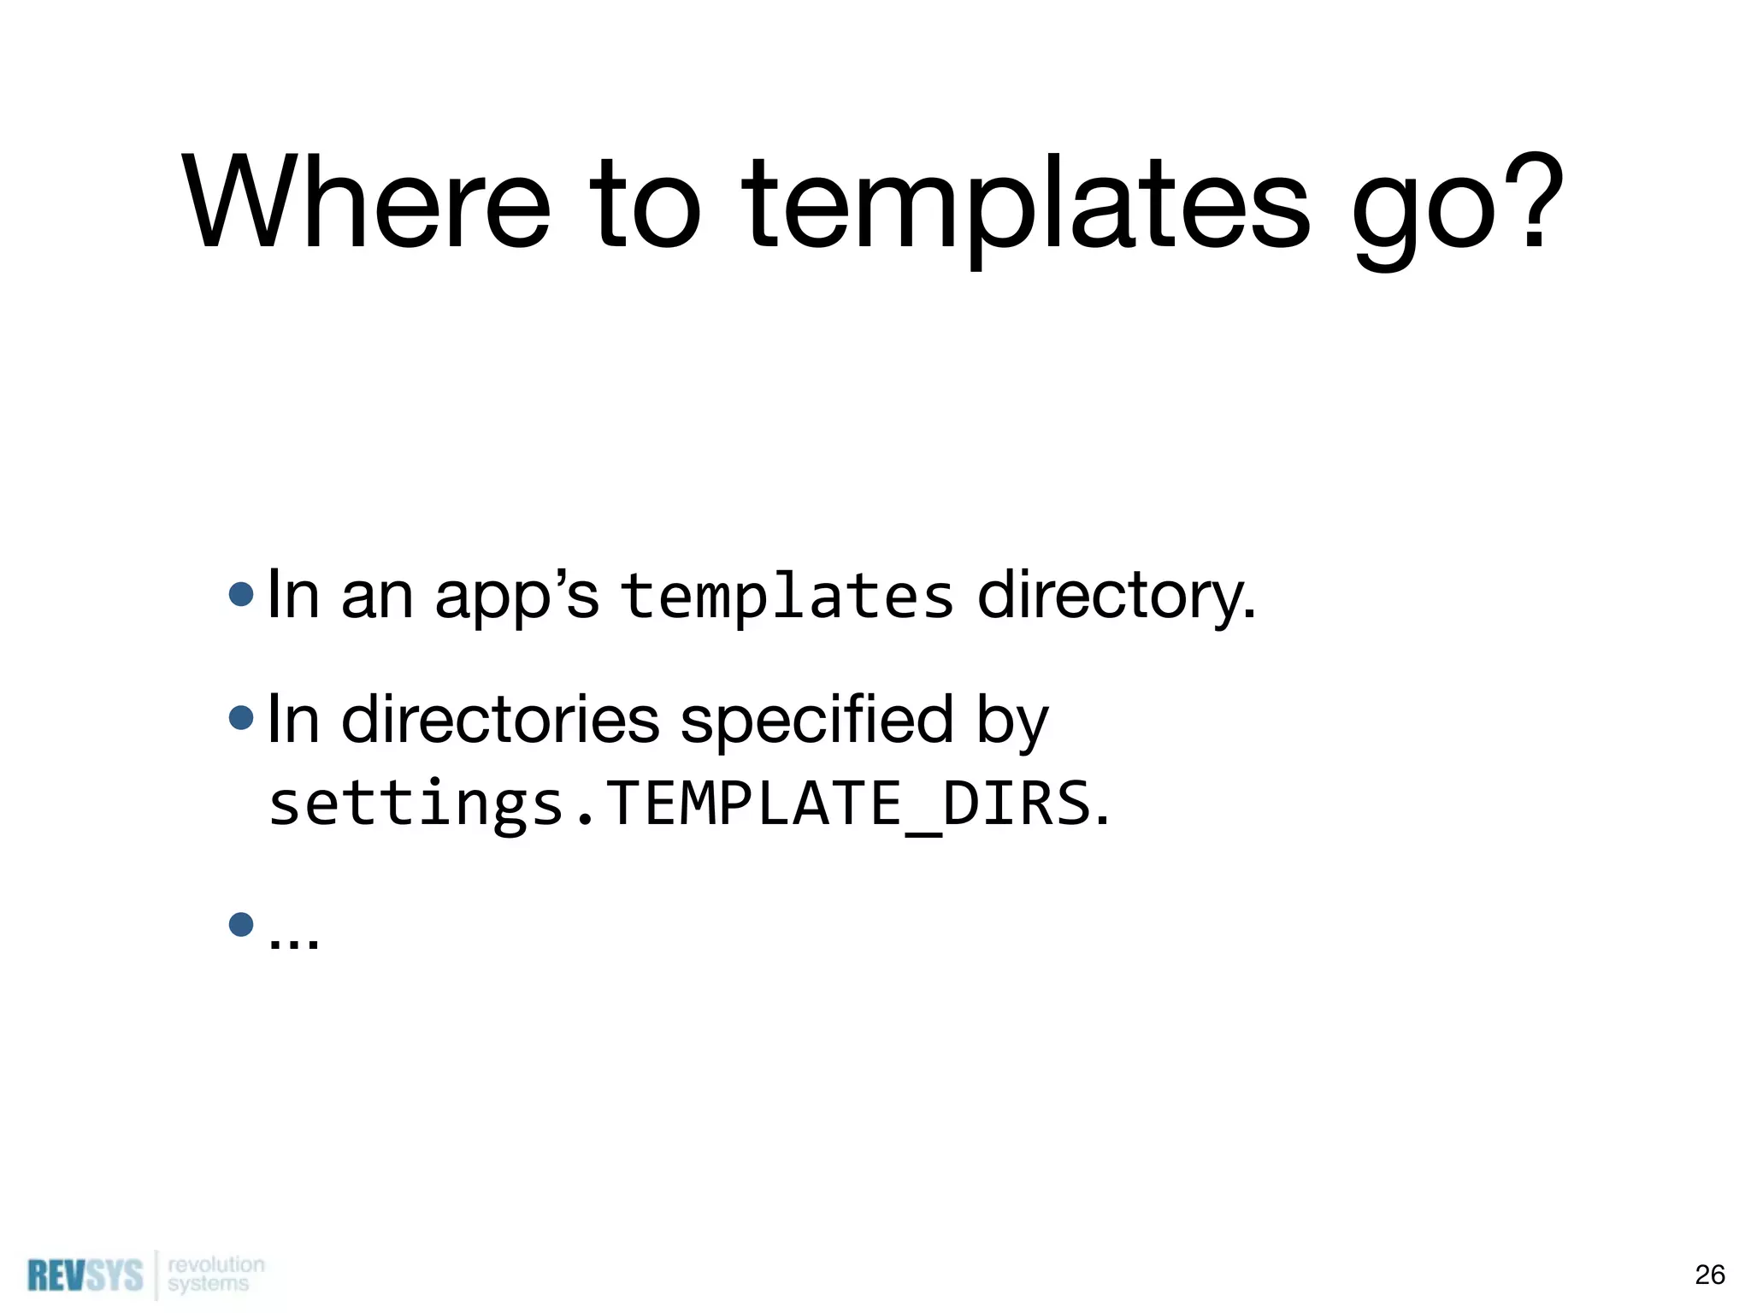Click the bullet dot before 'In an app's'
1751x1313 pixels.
click(242, 594)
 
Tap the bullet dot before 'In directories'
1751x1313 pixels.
click(242, 717)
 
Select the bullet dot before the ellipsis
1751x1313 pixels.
click(242, 924)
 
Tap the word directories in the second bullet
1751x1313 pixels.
click(500, 720)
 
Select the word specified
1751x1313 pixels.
click(817, 720)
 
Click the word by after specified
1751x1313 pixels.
click(1011, 722)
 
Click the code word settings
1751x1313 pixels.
click(416, 805)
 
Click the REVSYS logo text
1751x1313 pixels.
click(85, 1275)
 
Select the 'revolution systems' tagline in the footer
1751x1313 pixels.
click(215, 1274)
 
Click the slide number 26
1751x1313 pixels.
click(1709, 1275)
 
